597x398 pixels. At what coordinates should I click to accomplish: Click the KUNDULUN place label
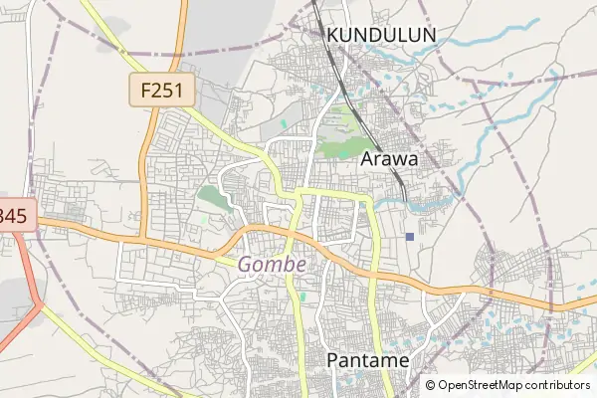(382, 35)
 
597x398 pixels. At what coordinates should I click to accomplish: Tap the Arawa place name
(389, 158)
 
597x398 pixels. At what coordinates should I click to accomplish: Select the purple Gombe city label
(272, 265)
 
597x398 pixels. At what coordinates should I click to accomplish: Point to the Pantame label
(368, 360)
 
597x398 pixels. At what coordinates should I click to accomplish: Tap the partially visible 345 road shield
(14, 215)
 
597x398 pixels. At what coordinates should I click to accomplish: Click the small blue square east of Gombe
(410, 236)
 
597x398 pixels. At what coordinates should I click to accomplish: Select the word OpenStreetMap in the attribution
(483, 385)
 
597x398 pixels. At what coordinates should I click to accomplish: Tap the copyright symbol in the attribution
(431, 385)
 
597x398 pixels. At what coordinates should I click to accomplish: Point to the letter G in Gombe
(246, 265)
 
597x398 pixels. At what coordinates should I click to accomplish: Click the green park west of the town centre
(212, 196)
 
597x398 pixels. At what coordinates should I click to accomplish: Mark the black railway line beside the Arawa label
(400, 179)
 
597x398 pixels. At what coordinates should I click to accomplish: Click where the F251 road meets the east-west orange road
(142, 239)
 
